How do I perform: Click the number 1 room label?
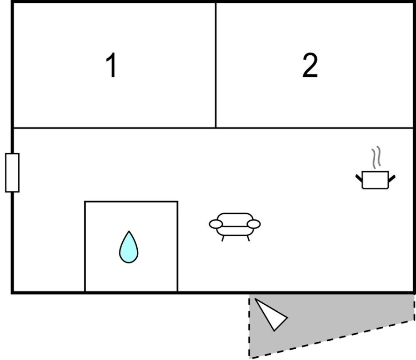point(111,65)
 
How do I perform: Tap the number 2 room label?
point(310,65)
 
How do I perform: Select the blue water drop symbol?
point(129,247)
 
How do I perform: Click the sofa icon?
point(235,227)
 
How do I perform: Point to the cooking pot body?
point(375,180)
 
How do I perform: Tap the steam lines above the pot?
point(376,157)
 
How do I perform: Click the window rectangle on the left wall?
point(12,172)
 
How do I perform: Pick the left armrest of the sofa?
point(215,224)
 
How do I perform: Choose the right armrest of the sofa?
point(254,224)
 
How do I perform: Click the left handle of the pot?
point(359,178)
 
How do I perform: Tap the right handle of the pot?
point(392,179)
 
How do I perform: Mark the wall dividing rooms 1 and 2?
point(215,65)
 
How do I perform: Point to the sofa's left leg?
point(223,239)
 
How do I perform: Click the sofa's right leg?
point(248,239)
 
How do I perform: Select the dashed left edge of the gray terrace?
point(249,327)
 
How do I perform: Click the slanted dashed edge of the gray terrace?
point(332,340)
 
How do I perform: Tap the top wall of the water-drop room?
point(131,202)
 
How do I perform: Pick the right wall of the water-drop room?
point(178,247)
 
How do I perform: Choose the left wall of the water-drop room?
point(85,247)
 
